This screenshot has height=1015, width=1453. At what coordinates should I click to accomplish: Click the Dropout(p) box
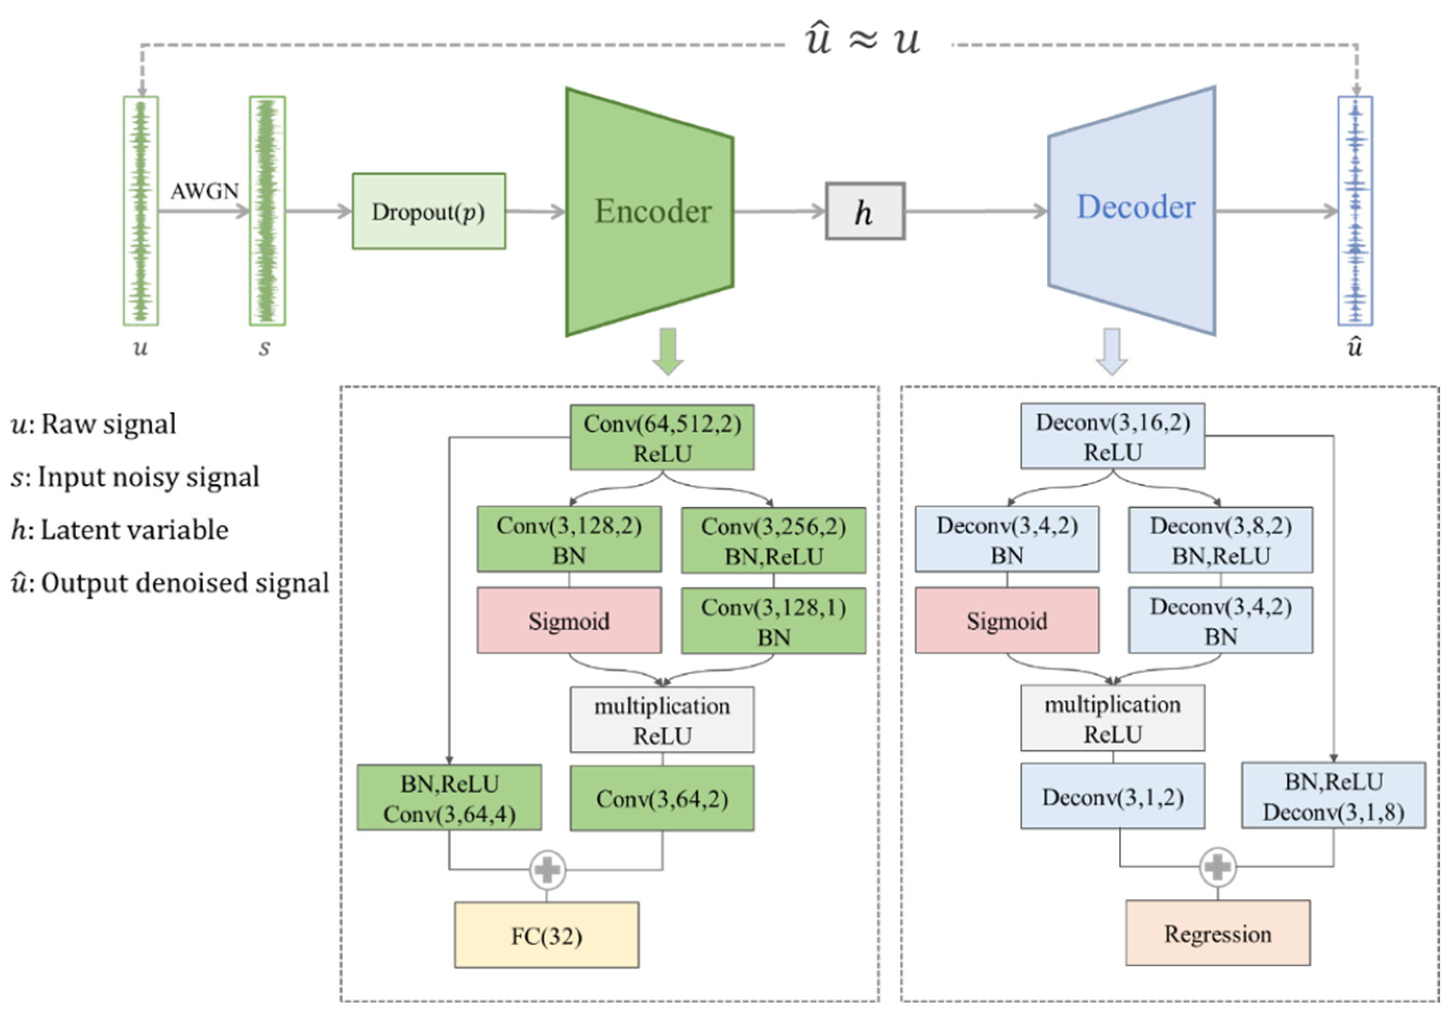(x=428, y=212)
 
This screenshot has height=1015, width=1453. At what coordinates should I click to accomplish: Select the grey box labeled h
(x=864, y=212)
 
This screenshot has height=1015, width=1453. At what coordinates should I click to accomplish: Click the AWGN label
(x=204, y=191)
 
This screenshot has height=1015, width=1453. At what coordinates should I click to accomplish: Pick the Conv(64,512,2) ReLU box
(x=662, y=437)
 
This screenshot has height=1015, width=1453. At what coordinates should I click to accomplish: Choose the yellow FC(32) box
(x=546, y=935)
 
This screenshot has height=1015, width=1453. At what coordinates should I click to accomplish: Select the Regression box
(x=1218, y=933)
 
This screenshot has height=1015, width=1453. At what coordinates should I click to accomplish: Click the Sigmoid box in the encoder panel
(x=569, y=621)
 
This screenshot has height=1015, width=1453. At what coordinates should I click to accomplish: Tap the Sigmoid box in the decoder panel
(x=1007, y=621)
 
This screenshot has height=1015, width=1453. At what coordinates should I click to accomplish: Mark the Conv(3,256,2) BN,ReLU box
(x=773, y=541)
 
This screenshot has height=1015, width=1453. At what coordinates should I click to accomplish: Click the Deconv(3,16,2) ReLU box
(x=1112, y=436)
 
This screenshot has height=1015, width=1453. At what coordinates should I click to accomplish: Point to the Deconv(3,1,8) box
(x=1333, y=796)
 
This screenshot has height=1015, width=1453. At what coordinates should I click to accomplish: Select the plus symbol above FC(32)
(x=547, y=870)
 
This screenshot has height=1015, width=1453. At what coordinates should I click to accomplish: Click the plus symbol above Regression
(x=1218, y=867)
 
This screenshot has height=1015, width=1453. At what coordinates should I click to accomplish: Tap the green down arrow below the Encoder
(x=668, y=351)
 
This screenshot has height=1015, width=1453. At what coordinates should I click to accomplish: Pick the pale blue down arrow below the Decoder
(x=1112, y=351)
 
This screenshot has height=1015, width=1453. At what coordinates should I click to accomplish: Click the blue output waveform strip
(x=1355, y=211)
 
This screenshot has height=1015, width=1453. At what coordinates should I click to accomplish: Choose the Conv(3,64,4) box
(x=449, y=798)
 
